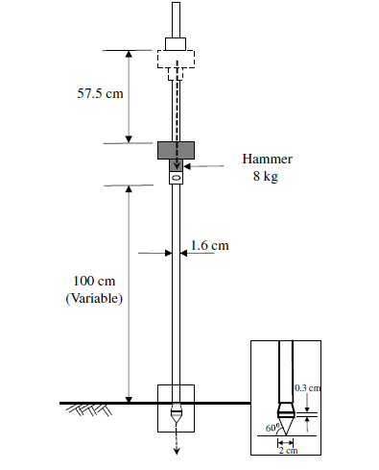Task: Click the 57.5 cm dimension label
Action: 100,93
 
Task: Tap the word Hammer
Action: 267,159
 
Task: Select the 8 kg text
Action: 266,176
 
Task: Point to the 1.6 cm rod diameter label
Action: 210,246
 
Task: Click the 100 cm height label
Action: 94,281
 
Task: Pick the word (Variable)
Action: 94,298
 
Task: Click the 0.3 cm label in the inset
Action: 307,388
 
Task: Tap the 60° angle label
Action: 272,428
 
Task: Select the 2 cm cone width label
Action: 288,451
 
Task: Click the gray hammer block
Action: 176,150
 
